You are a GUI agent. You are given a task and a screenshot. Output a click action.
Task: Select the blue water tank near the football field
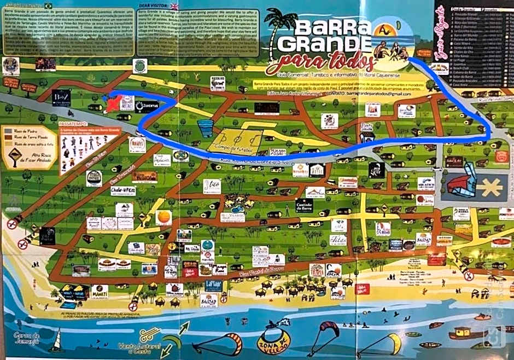pyautogui.click(x=205, y=128)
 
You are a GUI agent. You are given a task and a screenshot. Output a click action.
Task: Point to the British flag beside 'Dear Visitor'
pyautogui.click(x=174, y=7)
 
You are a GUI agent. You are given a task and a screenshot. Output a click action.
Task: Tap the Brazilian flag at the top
pyautogui.click(x=48, y=5)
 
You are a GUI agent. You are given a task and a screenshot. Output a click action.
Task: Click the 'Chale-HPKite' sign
pyautogui.click(x=122, y=190)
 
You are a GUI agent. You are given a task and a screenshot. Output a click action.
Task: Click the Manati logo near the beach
pyautogui.click(x=100, y=291)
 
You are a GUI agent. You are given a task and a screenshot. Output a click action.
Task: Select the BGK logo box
pyautogui.click(x=334, y=269)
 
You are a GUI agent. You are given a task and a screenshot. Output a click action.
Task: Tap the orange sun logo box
pyautogui.click(x=163, y=217)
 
